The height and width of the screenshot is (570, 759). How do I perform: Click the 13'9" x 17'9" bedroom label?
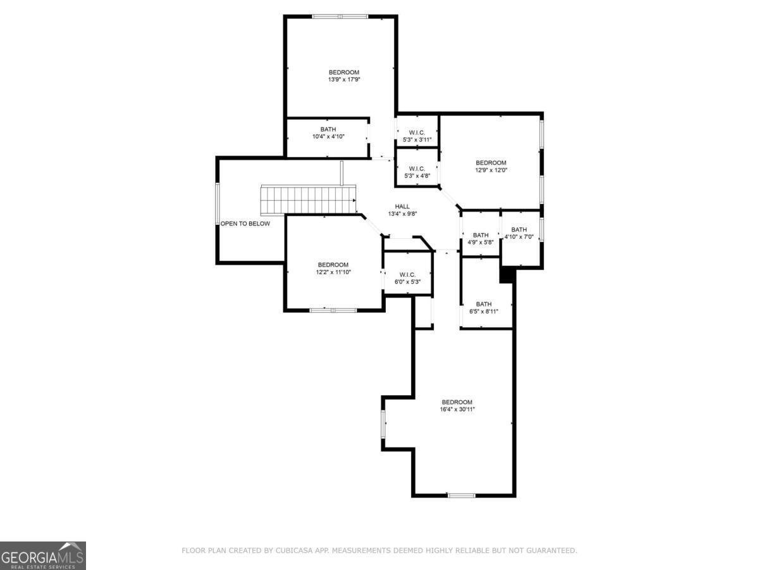click(x=343, y=76)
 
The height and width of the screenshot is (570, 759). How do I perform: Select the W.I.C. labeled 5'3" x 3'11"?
click(x=417, y=136)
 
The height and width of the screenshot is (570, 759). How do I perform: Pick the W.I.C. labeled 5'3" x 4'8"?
click(x=417, y=172)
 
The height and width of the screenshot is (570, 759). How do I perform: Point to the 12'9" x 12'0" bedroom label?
click(x=491, y=167)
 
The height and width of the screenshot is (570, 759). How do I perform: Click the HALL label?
click(x=402, y=206)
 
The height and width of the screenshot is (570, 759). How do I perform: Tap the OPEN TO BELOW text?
click(x=245, y=224)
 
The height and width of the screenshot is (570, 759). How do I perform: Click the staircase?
click(x=308, y=200)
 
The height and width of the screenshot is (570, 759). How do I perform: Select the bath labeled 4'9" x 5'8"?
click(x=481, y=239)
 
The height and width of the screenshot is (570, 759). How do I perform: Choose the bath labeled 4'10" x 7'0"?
click(x=519, y=233)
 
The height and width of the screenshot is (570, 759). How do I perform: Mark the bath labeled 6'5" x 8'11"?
click(x=483, y=308)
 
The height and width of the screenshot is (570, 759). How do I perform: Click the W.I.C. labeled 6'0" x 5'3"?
click(x=407, y=278)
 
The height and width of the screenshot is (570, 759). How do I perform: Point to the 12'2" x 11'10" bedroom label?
click(x=333, y=269)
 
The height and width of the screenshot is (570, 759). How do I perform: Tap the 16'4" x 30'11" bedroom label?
click(x=457, y=405)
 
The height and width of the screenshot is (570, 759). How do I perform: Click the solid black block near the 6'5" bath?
click(x=507, y=275)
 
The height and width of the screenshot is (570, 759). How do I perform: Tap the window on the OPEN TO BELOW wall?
click(x=218, y=203)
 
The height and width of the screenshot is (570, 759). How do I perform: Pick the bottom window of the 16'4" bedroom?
click(x=461, y=495)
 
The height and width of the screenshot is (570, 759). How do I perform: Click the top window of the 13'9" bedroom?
click(x=340, y=16)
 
